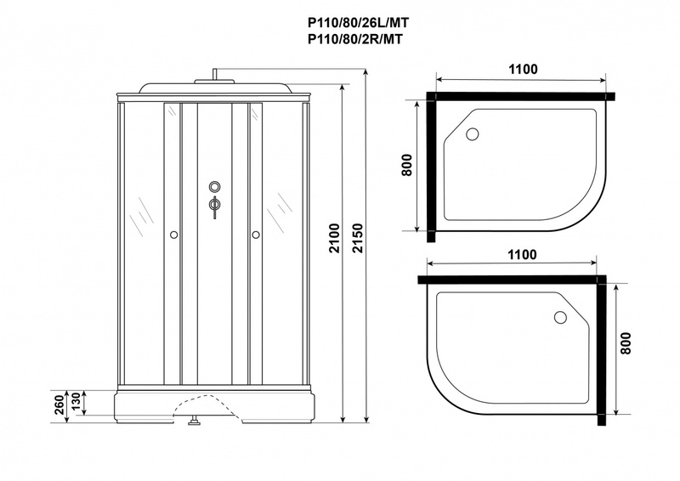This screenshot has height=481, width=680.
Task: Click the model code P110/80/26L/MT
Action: (358, 22)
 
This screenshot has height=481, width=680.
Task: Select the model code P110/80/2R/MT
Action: (354, 39)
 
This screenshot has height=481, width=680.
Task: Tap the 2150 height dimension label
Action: (357, 238)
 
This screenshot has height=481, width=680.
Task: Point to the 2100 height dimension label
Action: (334, 238)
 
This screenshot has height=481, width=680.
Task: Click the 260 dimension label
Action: (59, 405)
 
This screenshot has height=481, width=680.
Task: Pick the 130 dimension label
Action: (75, 403)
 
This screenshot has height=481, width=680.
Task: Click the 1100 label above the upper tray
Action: (523, 70)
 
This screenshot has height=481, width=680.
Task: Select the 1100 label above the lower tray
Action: (522, 255)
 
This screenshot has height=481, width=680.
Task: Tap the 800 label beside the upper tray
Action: (406, 165)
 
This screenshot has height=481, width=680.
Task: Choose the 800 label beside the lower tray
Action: (626, 343)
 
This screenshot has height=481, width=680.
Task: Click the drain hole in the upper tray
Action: (473, 133)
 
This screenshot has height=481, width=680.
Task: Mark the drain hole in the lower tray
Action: (560, 318)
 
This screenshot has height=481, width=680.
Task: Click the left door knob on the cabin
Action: (173, 235)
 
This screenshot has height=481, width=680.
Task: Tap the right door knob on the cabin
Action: (256, 235)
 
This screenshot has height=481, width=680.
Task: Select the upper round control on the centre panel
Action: (215, 186)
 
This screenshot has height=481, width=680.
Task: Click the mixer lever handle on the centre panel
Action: (214, 207)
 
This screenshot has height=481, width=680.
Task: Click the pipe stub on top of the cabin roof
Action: (214, 74)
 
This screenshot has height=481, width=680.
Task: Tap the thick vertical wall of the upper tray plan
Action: (431, 167)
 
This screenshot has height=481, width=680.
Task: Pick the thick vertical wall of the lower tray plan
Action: (602, 350)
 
